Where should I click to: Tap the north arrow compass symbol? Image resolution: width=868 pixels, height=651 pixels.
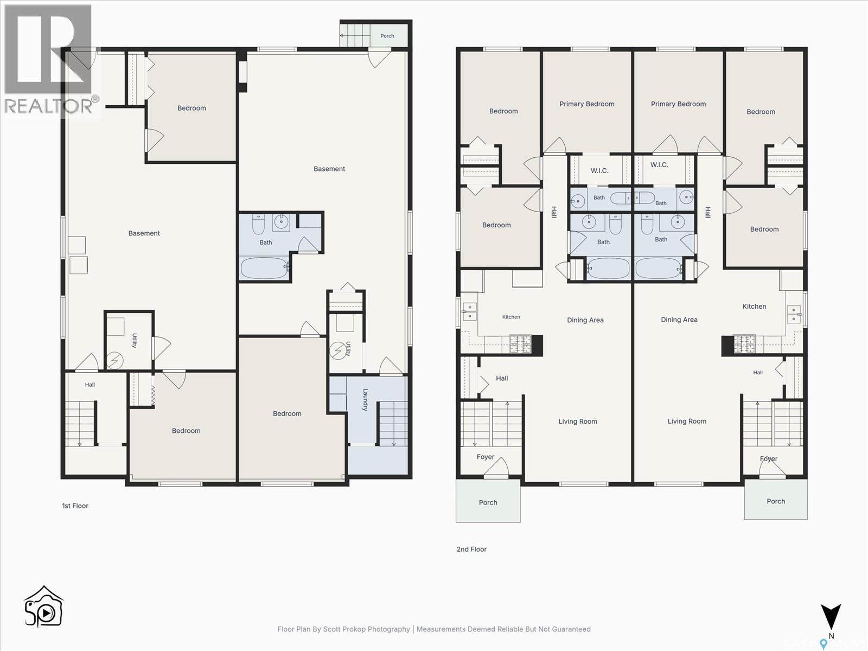(x=831, y=617)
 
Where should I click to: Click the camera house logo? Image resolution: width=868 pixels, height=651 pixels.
(x=43, y=607)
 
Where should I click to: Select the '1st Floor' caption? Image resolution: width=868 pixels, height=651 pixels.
(x=75, y=506)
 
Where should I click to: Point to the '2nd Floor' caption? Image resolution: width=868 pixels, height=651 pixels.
(x=471, y=549)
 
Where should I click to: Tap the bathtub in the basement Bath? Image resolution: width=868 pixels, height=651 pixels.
(x=264, y=267)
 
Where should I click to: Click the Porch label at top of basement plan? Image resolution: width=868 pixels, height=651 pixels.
(x=387, y=36)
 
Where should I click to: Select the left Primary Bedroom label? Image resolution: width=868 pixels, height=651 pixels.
(x=587, y=104)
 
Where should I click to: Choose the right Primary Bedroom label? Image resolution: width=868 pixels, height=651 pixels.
(x=678, y=104)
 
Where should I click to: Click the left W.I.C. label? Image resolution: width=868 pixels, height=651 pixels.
(x=599, y=171)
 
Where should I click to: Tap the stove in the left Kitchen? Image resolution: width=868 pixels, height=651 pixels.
(x=520, y=344)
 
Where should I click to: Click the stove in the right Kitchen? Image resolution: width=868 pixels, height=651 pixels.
(x=744, y=344)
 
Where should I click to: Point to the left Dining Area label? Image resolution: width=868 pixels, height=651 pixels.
(x=585, y=320)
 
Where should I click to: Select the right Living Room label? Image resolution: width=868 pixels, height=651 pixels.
(x=687, y=422)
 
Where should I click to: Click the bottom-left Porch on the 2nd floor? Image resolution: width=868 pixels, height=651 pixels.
(x=488, y=501)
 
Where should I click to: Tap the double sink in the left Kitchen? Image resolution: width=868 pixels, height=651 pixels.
(x=469, y=311)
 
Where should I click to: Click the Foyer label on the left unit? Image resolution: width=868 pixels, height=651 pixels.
(x=485, y=457)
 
